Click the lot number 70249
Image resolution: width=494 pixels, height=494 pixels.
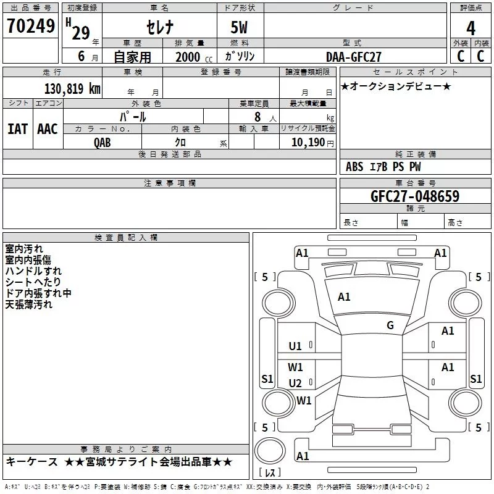pyautogui.click(x=31, y=26)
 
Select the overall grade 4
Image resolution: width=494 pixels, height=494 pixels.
pyautogui.click(x=471, y=28)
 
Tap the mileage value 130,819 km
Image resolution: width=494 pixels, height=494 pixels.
pyautogui.click(x=72, y=89)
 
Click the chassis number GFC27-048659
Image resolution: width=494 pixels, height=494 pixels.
pyautogui.click(x=415, y=196)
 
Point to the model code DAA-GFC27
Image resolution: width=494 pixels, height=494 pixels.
pyautogui.click(x=353, y=57)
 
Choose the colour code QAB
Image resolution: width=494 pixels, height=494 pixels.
pyautogui.click(x=103, y=143)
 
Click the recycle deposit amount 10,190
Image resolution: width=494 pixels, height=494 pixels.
pyautogui.click(x=308, y=143)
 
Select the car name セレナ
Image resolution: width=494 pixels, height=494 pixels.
pyautogui.click(x=160, y=27)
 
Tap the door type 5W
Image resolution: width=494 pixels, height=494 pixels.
pyautogui.click(x=239, y=27)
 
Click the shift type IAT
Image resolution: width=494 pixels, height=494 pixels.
pyautogui.click(x=18, y=129)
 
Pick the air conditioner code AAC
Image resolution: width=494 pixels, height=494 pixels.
pyautogui.click(x=48, y=129)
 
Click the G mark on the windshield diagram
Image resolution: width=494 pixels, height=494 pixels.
pyautogui.click(x=390, y=325)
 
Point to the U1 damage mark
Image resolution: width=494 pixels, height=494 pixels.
pyautogui.click(x=295, y=346)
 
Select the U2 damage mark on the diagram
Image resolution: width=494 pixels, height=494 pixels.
pyautogui.click(x=295, y=383)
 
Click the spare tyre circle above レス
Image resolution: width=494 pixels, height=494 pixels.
pyautogui.click(x=270, y=451)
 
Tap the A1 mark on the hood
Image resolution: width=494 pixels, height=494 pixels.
pyautogui.click(x=344, y=296)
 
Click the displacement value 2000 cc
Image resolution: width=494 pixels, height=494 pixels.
pyautogui.click(x=194, y=57)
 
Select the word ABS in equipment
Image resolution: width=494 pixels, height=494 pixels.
pyautogui.click(x=354, y=167)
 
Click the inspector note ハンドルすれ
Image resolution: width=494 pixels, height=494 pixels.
pyautogui.click(x=33, y=271)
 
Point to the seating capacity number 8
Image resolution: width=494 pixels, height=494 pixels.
pyautogui.click(x=257, y=117)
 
